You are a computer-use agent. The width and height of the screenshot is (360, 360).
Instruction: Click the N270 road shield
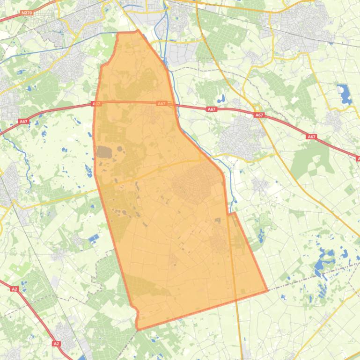pyautogui.click(x=27, y=13)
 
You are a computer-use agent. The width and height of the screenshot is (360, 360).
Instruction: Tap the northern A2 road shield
pyautogui.click(x=15, y=289)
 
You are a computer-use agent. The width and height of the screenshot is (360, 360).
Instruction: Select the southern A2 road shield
pyautogui.click(x=57, y=344)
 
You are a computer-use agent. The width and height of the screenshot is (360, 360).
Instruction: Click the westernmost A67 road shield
pyautogui.click(x=23, y=122)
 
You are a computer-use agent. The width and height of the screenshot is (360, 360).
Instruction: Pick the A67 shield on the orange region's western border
pyautogui.click(x=96, y=104)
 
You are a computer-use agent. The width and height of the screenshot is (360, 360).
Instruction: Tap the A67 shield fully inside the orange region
pyautogui.click(x=162, y=103)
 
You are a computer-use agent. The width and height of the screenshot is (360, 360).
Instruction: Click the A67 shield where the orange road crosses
pyautogui.click(x=259, y=115)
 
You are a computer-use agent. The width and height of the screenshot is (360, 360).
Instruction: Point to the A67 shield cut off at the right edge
pyautogui.click(x=358, y=159)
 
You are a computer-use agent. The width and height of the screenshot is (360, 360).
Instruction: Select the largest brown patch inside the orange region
pyautogui.click(x=104, y=152)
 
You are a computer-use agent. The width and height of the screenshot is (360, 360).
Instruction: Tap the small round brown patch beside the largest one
pyautogui.click(x=119, y=151)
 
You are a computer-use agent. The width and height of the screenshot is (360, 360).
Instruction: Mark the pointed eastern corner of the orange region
pyautogui.click(x=267, y=290)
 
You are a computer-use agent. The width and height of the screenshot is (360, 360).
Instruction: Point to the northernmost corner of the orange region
pyautogui.click(x=138, y=31)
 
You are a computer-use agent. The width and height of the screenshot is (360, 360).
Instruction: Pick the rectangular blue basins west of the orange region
pyautogui.click(x=93, y=239)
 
